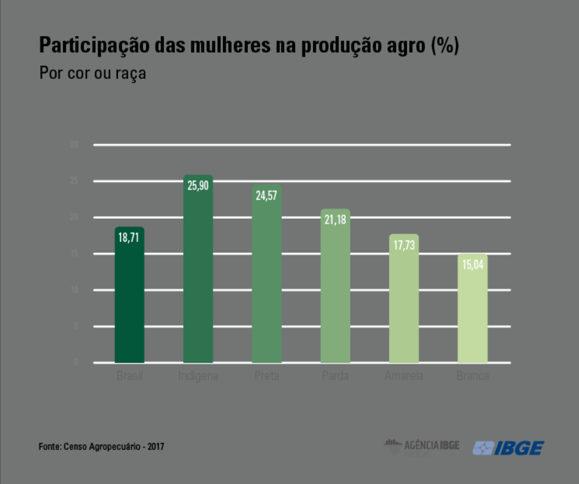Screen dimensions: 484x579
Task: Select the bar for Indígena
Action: (198, 273)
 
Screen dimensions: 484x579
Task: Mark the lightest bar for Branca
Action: (472, 311)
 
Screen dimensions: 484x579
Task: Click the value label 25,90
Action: (198, 185)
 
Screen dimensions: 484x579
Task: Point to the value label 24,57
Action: (267, 194)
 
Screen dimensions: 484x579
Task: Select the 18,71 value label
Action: (130, 237)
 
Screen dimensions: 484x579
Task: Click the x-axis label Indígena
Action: (198, 376)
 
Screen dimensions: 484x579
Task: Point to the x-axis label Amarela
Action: (404, 376)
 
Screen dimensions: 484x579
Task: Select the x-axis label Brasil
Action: (130, 376)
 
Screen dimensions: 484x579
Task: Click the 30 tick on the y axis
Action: (74, 145)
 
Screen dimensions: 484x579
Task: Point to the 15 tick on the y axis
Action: (74, 253)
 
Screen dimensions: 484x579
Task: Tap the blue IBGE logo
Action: (508, 448)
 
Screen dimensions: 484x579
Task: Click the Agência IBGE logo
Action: (422, 446)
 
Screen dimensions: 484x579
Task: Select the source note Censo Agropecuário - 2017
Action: (102, 447)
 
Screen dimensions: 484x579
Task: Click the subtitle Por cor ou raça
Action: (93, 73)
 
